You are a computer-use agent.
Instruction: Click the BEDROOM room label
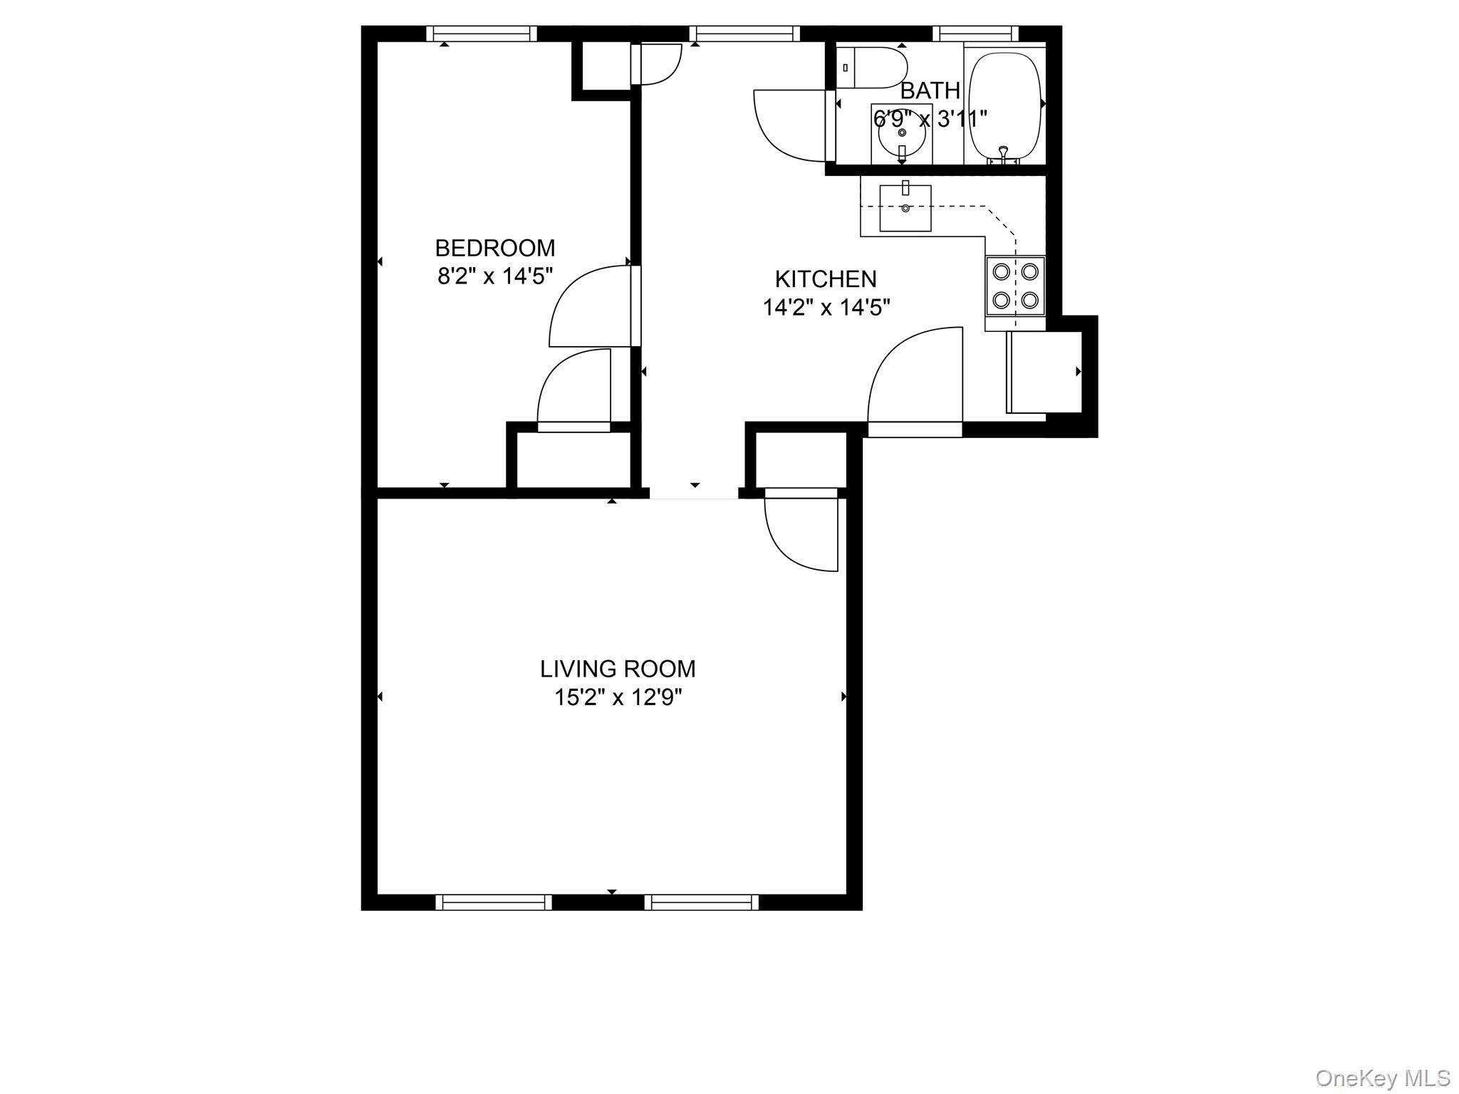495,248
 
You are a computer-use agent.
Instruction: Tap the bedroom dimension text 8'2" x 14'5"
495,276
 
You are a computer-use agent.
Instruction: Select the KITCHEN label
826,278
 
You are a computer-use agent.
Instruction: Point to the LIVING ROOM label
618,669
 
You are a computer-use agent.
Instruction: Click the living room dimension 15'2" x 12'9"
618,697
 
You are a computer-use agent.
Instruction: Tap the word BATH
930,90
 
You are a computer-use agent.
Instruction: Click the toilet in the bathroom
871,68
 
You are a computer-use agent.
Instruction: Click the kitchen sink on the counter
905,208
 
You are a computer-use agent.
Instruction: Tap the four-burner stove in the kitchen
1015,286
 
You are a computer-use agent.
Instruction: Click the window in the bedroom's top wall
482,33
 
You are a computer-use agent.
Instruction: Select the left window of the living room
494,902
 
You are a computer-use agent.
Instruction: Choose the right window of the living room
702,902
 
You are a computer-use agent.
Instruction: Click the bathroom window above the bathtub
975,33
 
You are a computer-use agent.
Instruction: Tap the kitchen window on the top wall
744,33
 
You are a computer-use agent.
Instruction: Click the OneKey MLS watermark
1383,1078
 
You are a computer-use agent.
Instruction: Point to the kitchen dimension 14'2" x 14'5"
826,308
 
